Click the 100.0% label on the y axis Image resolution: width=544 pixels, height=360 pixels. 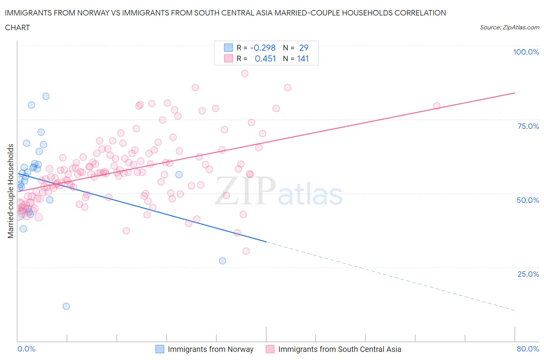(526, 52)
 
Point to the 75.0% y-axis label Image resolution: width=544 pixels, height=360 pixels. (528, 126)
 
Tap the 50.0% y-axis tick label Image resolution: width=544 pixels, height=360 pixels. (528, 200)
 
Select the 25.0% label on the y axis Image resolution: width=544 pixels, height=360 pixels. (528, 274)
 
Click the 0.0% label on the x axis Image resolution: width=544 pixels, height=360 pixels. (26, 349)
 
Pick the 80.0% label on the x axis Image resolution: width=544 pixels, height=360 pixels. (528, 349)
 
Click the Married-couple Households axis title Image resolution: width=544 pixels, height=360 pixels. (11, 191)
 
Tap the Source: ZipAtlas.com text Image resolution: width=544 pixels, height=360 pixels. (509, 27)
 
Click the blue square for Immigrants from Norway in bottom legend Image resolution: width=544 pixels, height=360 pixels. (160, 349)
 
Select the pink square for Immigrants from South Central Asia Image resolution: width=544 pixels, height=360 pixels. (270, 349)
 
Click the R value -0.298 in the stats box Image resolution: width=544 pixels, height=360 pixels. (263, 48)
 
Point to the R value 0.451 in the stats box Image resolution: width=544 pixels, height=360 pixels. (265, 58)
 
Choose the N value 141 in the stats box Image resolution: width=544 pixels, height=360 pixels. (303, 58)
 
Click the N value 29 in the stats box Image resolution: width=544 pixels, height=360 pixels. (304, 48)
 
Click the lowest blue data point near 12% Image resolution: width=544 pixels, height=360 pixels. (66, 306)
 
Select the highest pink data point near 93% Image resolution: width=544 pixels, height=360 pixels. (245, 74)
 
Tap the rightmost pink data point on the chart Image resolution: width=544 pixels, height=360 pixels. (436, 106)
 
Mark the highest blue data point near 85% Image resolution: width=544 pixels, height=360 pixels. (46, 96)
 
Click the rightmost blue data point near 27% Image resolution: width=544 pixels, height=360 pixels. (222, 261)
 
